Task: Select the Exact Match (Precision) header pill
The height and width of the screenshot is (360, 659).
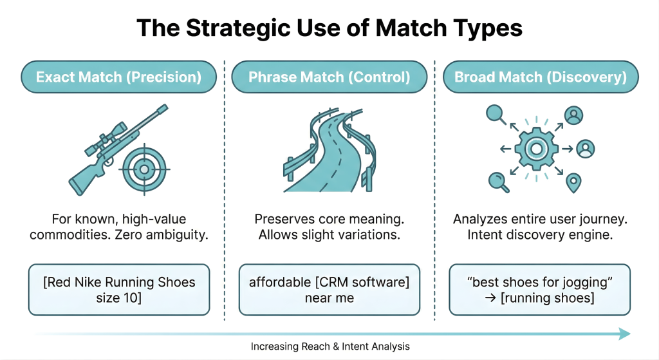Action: pyautogui.click(x=118, y=77)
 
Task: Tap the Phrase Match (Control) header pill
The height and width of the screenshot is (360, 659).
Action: pyautogui.click(x=329, y=77)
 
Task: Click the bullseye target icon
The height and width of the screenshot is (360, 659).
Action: pyautogui.click(x=144, y=169)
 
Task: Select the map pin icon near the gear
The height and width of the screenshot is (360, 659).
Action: pyautogui.click(x=572, y=183)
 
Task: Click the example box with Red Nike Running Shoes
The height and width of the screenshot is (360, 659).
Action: pyautogui.click(x=118, y=289)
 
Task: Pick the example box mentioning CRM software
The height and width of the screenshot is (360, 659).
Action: pyautogui.click(x=329, y=289)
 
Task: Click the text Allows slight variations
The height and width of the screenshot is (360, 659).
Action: pyautogui.click(x=329, y=235)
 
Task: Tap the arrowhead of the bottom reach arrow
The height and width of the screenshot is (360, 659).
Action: pyautogui.click(x=624, y=334)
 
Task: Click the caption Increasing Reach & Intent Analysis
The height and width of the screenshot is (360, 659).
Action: pyautogui.click(x=329, y=346)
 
